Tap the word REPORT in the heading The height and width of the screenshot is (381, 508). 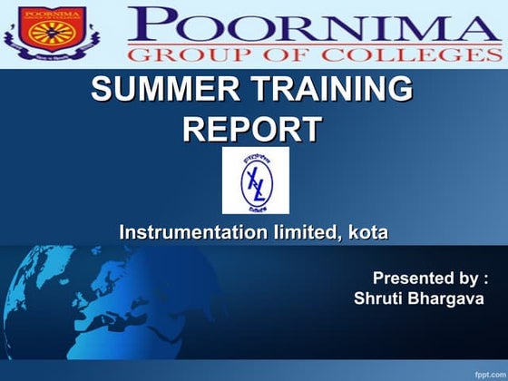point(251,130)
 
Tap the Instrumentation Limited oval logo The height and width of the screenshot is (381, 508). point(255,181)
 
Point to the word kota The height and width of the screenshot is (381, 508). point(366,233)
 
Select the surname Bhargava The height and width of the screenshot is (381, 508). point(448,298)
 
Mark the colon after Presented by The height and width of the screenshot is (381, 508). point(487,278)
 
